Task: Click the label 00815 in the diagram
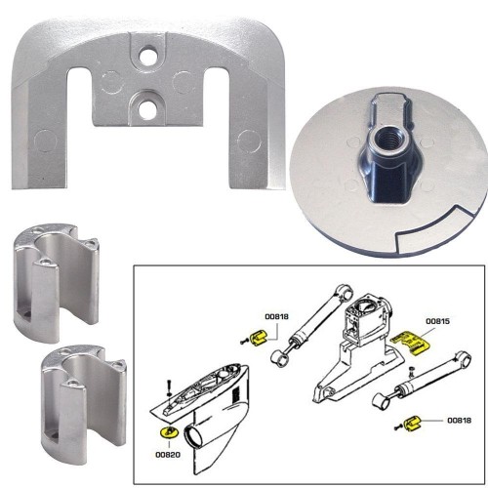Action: click(x=438, y=320)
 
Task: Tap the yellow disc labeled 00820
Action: click(x=165, y=430)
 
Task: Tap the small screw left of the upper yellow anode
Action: click(x=243, y=341)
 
